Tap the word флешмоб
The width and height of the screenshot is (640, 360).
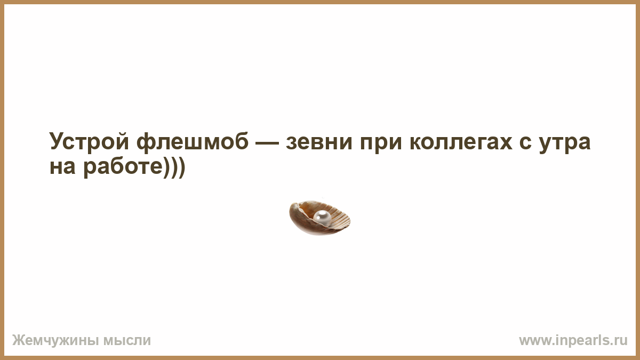(x=193, y=141)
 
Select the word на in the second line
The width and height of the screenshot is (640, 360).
(x=62, y=167)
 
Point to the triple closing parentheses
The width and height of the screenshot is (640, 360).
(x=174, y=167)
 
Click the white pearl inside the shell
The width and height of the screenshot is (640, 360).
(x=322, y=218)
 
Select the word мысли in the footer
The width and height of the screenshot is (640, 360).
(x=127, y=340)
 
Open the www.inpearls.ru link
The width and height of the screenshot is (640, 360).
(x=573, y=340)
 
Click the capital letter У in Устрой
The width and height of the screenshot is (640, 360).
(x=58, y=141)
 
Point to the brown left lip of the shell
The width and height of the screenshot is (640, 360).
(x=297, y=219)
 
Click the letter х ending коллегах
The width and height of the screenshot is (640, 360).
(x=503, y=142)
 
